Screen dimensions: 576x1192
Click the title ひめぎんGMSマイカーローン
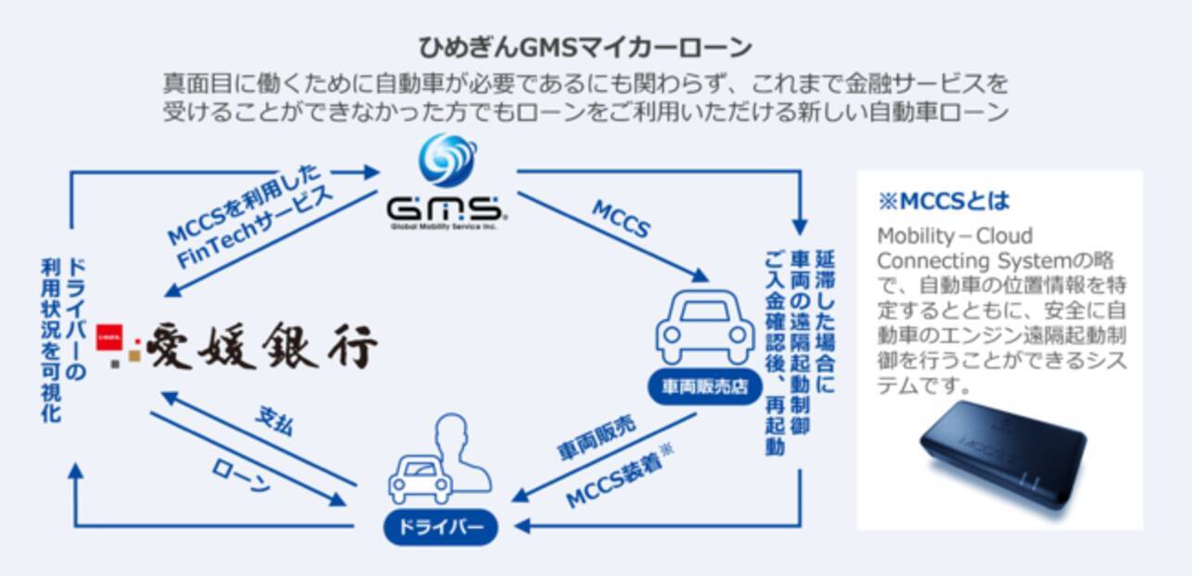point(584,46)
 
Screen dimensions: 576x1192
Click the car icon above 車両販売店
point(704,330)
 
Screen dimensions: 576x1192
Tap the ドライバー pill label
point(440,527)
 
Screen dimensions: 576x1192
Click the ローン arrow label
point(241,477)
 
